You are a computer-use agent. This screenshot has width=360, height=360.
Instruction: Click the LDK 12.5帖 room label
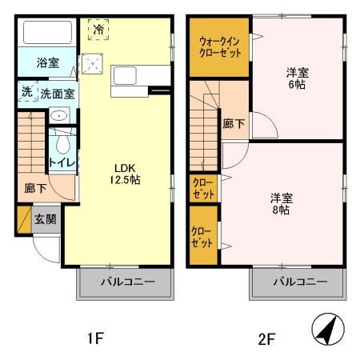coord(126,174)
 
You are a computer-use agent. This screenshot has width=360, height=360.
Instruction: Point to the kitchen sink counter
coord(139,78)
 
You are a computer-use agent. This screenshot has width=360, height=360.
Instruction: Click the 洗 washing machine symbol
coord(26,92)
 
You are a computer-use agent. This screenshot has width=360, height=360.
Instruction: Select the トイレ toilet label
coord(62,162)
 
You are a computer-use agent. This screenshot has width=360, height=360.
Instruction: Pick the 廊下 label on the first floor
coord(35,189)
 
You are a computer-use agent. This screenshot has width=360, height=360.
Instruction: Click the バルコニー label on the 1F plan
coord(126,282)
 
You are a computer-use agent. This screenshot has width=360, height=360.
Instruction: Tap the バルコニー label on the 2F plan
coord(299,282)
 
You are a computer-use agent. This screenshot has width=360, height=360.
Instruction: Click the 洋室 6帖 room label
coord(298,79)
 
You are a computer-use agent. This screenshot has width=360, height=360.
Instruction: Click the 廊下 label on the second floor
coord(234,124)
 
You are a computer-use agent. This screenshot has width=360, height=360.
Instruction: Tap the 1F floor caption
coord(94,338)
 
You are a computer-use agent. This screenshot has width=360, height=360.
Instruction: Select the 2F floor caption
coord(266,338)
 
